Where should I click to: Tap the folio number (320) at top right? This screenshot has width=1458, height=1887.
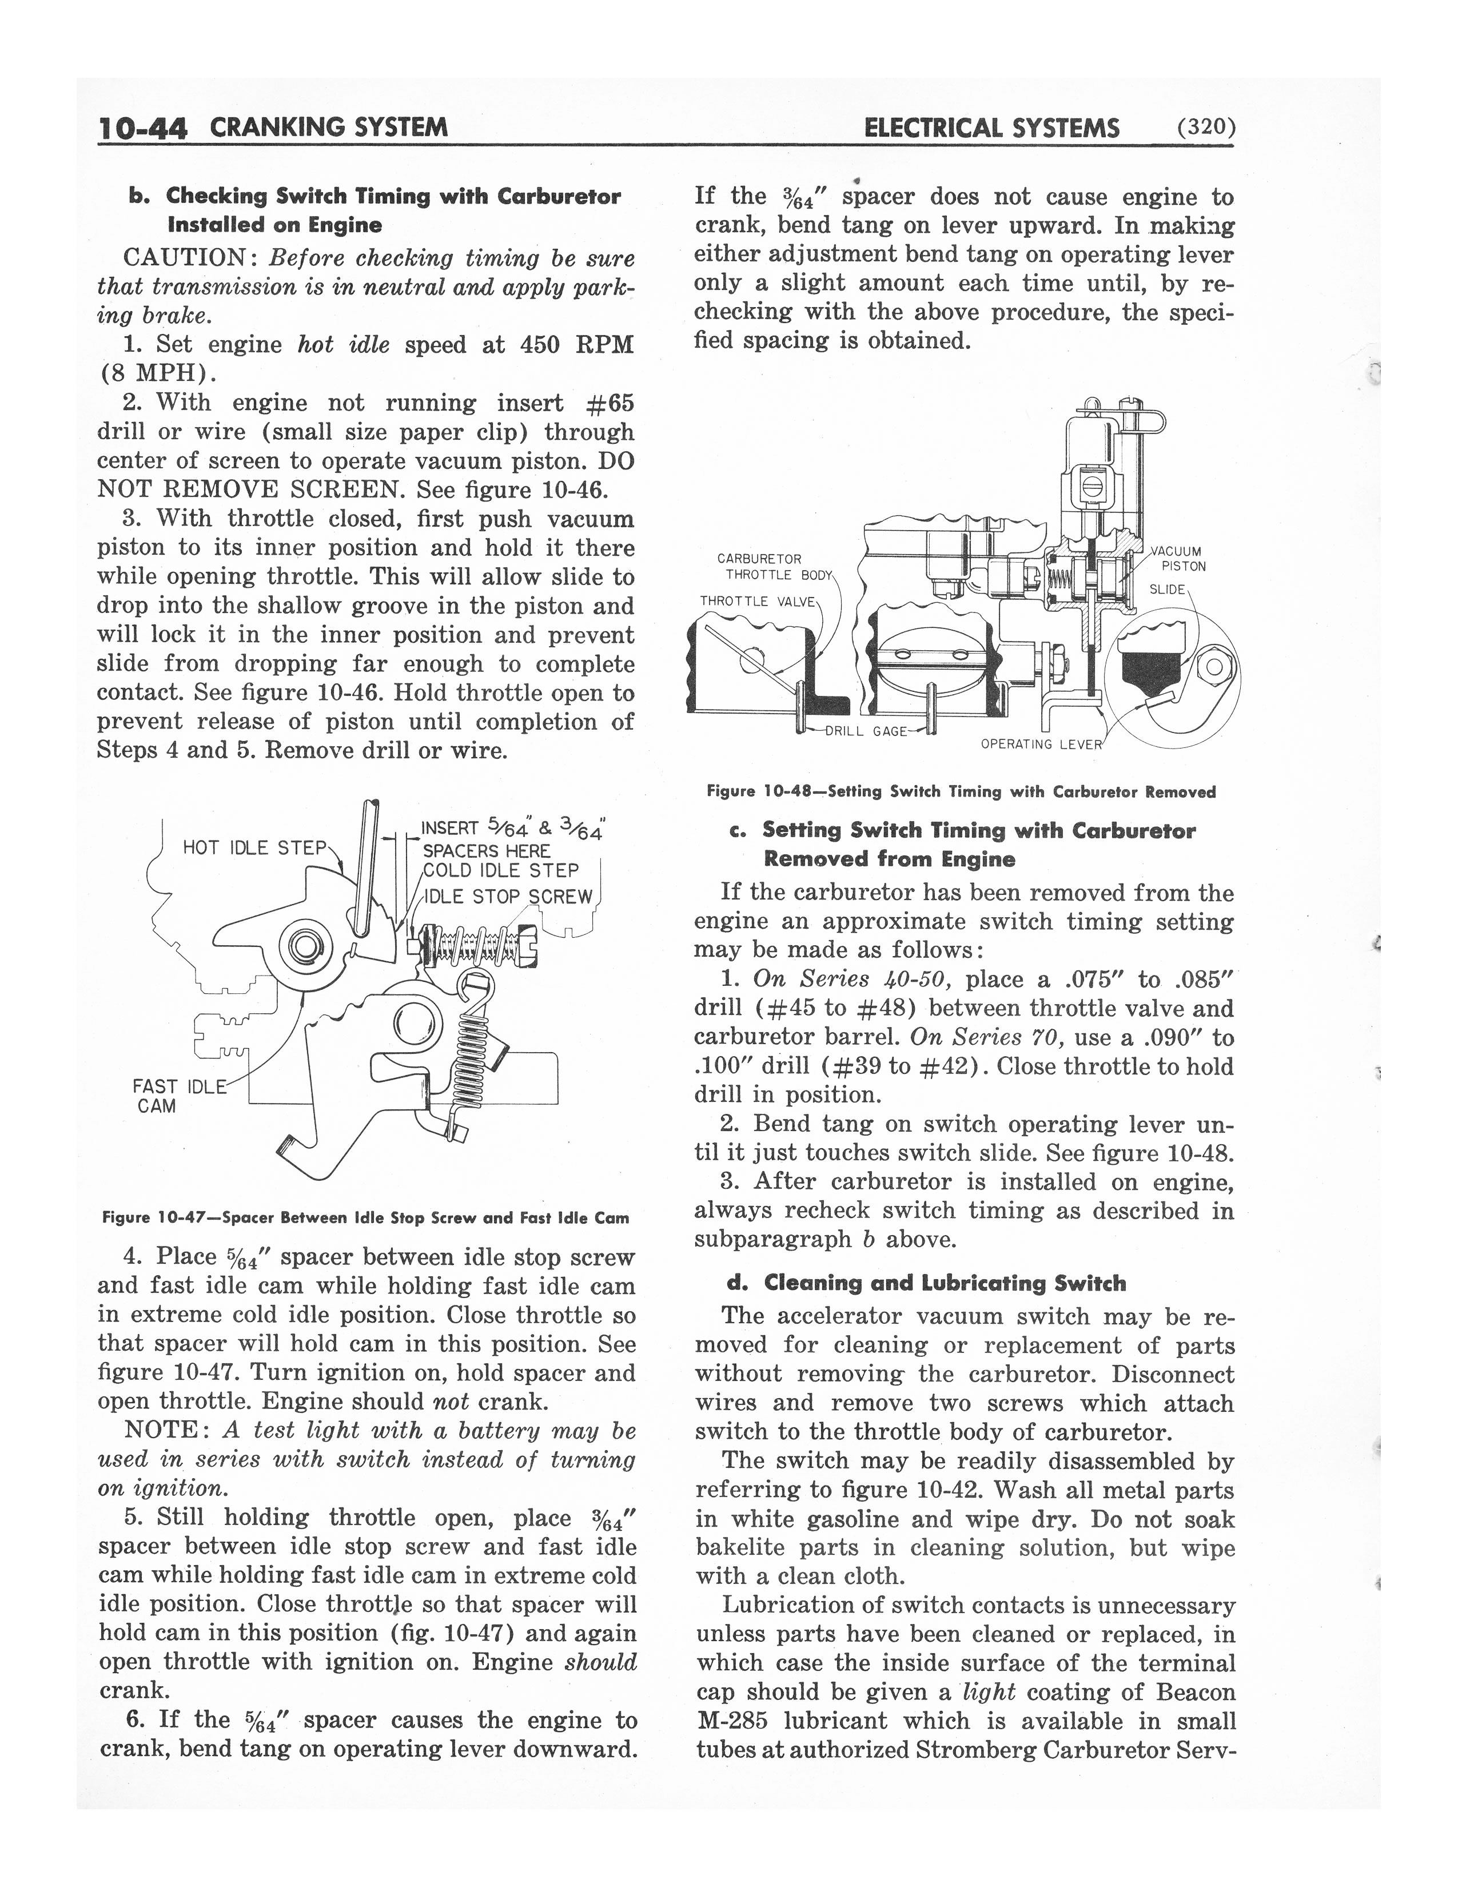click(x=1204, y=128)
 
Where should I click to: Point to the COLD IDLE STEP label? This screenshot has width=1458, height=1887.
click(x=500, y=871)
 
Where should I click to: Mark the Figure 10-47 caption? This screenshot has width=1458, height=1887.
click(x=365, y=1218)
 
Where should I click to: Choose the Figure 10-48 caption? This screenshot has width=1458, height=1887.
click(x=961, y=791)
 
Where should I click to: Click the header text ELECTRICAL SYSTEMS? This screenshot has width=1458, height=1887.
click(x=991, y=128)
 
